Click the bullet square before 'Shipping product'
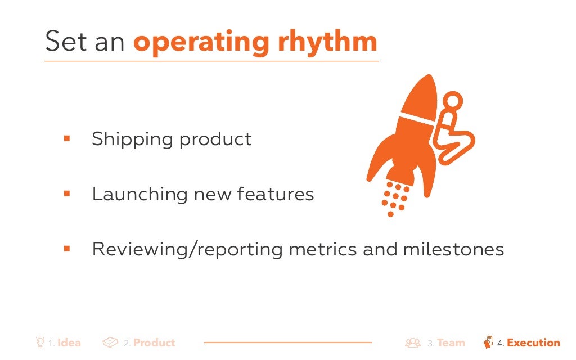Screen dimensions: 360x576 [x=66, y=138]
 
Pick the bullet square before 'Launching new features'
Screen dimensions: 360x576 [x=66, y=193]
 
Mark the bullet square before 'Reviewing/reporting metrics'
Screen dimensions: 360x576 [x=66, y=248]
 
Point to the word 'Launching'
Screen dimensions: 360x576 [x=140, y=194]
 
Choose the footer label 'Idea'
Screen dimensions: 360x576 [x=69, y=343]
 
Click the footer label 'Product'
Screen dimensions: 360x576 [x=154, y=343]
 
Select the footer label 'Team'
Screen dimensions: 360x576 [x=451, y=343]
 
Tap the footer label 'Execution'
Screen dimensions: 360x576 [x=533, y=343]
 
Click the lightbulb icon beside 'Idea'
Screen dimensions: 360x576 [x=40, y=342]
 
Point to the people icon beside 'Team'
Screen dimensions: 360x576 [x=413, y=343]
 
